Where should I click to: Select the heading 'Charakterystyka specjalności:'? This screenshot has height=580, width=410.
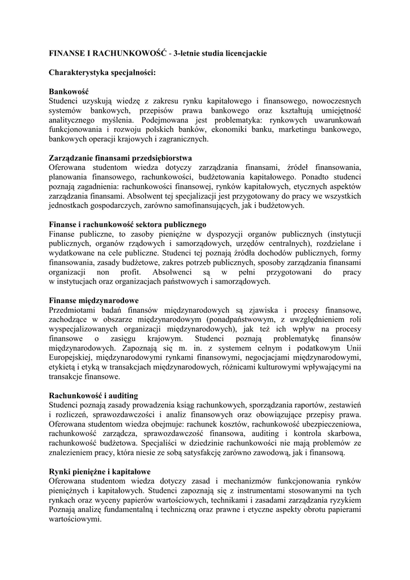click(x=102, y=72)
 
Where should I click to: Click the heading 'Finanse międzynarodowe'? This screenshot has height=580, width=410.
click(x=93, y=301)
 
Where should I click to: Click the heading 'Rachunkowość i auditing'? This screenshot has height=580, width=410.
click(x=93, y=396)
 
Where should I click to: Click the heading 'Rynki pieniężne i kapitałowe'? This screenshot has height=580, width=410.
click(x=99, y=472)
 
